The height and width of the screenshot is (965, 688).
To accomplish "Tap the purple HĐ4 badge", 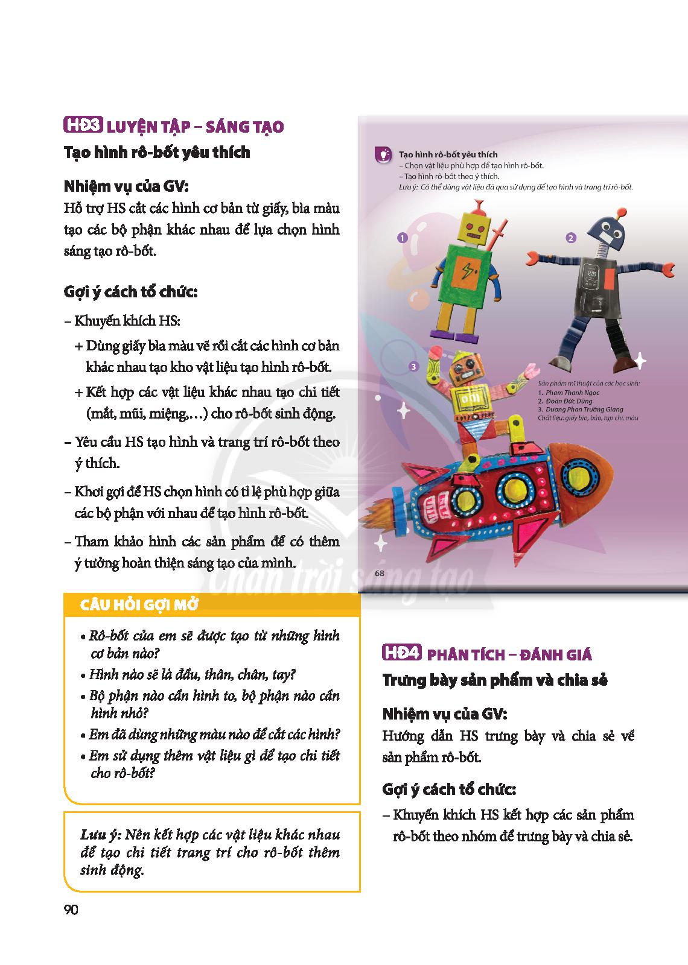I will (402, 653).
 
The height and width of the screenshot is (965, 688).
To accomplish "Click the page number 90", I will (71, 910).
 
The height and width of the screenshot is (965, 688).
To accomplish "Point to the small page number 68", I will (379, 573).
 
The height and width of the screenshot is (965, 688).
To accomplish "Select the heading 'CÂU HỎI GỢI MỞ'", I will (139, 606).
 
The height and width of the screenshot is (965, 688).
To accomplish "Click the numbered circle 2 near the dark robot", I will (571, 238).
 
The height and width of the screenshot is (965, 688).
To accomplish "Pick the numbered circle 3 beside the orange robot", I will (413, 366).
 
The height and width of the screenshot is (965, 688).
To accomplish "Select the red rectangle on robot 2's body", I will (609, 279).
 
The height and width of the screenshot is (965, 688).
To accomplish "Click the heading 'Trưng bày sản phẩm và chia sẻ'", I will (495, 680).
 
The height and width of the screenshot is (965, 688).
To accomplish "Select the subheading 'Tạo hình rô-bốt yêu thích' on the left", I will (157, 153).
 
